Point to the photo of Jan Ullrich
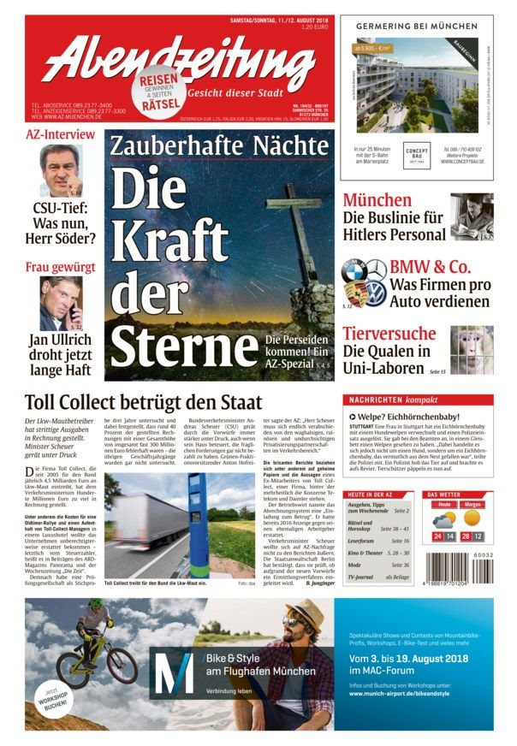[x=61, y=303]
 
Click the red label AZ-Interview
[x=60, y=135]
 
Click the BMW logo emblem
[x=354, y=271]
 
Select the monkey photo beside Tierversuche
[x=472, y=346]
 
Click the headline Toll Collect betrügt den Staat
[x=144, y=402]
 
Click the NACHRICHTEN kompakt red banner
[x=418, y=400]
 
